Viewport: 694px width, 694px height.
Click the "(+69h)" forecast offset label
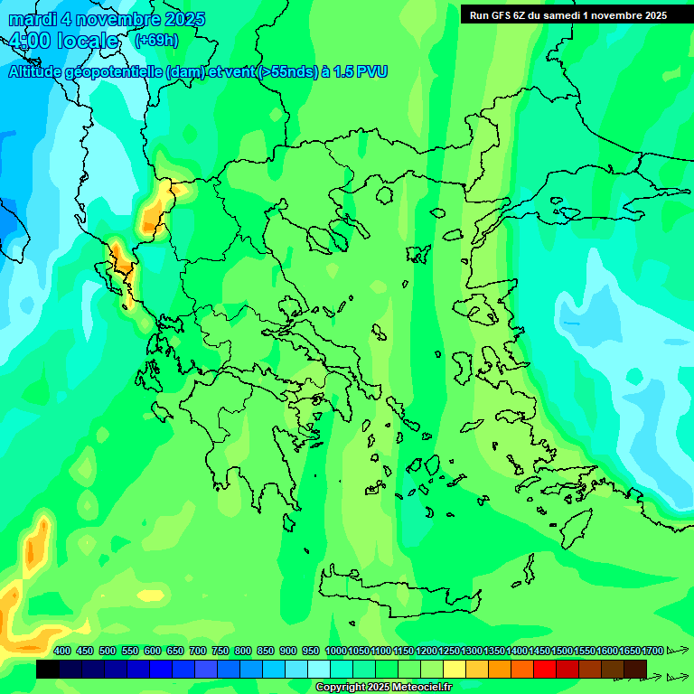pyautogui.click(x=156, y=41)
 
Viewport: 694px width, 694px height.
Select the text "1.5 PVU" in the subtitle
pyautogui.click(x=361, y=71)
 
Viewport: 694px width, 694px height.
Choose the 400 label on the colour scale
pyautogui.click(x=62, y=651)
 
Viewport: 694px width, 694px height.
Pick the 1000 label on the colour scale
pyautogui.click(x=335, y=651)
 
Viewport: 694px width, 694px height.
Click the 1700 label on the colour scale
pyautogui.click(x=652, y=651)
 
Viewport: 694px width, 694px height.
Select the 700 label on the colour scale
pyautogui.click(x=197, y=651)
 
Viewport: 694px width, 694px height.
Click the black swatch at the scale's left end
pyautogui.click(x=48, y=669)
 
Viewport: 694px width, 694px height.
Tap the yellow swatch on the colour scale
pyautogui.click(x=455, y=669)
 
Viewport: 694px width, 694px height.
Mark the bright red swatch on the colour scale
pyautogui.click(x=545, y=669)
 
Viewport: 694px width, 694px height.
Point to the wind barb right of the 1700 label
pyautogui.click(x=677, y=651)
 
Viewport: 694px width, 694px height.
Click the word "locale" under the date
pyautogui.click(x=87, y=41)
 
